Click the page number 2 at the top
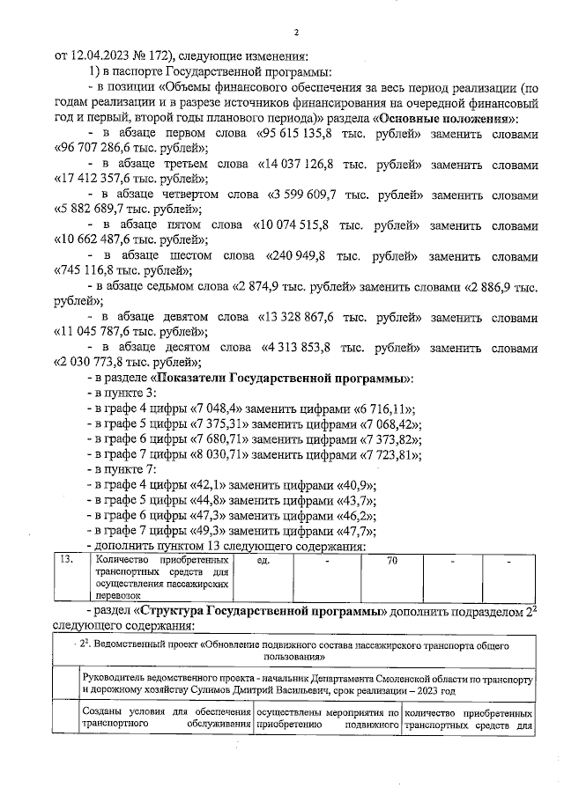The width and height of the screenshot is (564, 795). click(x=296, y=33)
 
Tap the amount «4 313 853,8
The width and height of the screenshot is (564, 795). click(x=301, y=349)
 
